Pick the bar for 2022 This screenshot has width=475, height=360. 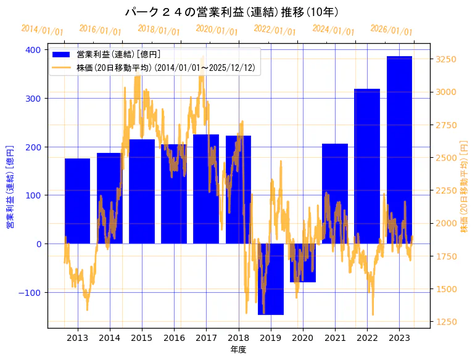pos(367,166)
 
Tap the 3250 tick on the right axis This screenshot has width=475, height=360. pos(446,60)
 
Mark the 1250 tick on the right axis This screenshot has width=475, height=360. pos(446,322)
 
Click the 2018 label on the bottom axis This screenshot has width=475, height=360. pos(238,338)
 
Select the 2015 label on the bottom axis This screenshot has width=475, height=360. pos(142,338)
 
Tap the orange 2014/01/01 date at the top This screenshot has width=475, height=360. pos(42,30)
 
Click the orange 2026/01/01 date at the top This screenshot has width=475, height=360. pos(391,30)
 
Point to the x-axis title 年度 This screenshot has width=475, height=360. pos(238,350)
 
